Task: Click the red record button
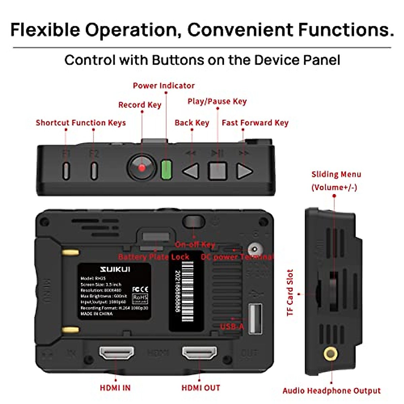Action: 142,167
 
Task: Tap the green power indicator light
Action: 166,169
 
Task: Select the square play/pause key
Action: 217,171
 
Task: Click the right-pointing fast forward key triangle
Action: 244,171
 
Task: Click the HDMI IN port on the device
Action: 116,353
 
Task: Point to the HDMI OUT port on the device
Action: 199,353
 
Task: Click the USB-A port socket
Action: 255,318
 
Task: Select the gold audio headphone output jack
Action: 331,354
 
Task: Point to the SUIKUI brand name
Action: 115,269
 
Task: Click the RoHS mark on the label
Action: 140,298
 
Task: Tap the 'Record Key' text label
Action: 140,105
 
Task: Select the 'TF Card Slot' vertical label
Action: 290,293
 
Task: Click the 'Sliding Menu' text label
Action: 336,174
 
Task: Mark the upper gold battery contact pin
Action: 71,252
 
